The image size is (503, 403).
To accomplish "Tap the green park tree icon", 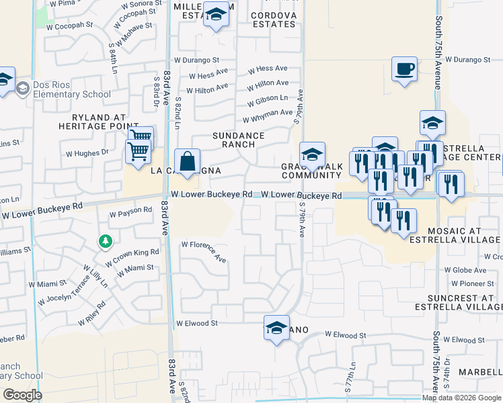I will (104, 240).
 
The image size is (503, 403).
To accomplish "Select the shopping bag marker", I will (188, 162).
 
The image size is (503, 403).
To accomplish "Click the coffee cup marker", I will (404, 69).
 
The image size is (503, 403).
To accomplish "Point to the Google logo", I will (22, 395).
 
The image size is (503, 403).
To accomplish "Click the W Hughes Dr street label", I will (86, 153).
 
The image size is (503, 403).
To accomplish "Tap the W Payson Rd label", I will (130, 210).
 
